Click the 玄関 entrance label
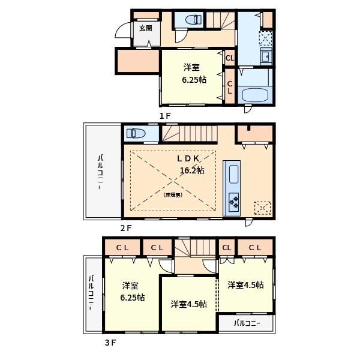pyautogui.click(x=145, y=28)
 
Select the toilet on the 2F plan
pyautogui.click(x=136, y=133)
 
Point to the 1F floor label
pyautogui.click(x=165, y=115)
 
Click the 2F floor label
pyautogui.click(x=125, y=228)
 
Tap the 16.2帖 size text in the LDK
pyautogui.click(x=192, y=170)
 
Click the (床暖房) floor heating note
pyautogui.click(x=173, y=194)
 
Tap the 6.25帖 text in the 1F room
pyautogui.click(x=194, y=80)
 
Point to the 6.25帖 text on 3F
pyautogui.click(x=131, y=298)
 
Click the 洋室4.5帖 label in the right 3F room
pyautogui.click(x=245, y=286)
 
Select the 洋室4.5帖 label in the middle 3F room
pyautogui.click(x=188, y=304)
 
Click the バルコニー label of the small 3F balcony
pyautogui.click(x=247, y=323)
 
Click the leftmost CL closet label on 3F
pyautogui.click(x=122, y=247)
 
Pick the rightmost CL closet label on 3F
pyautogui.click(x=254, y=247)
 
